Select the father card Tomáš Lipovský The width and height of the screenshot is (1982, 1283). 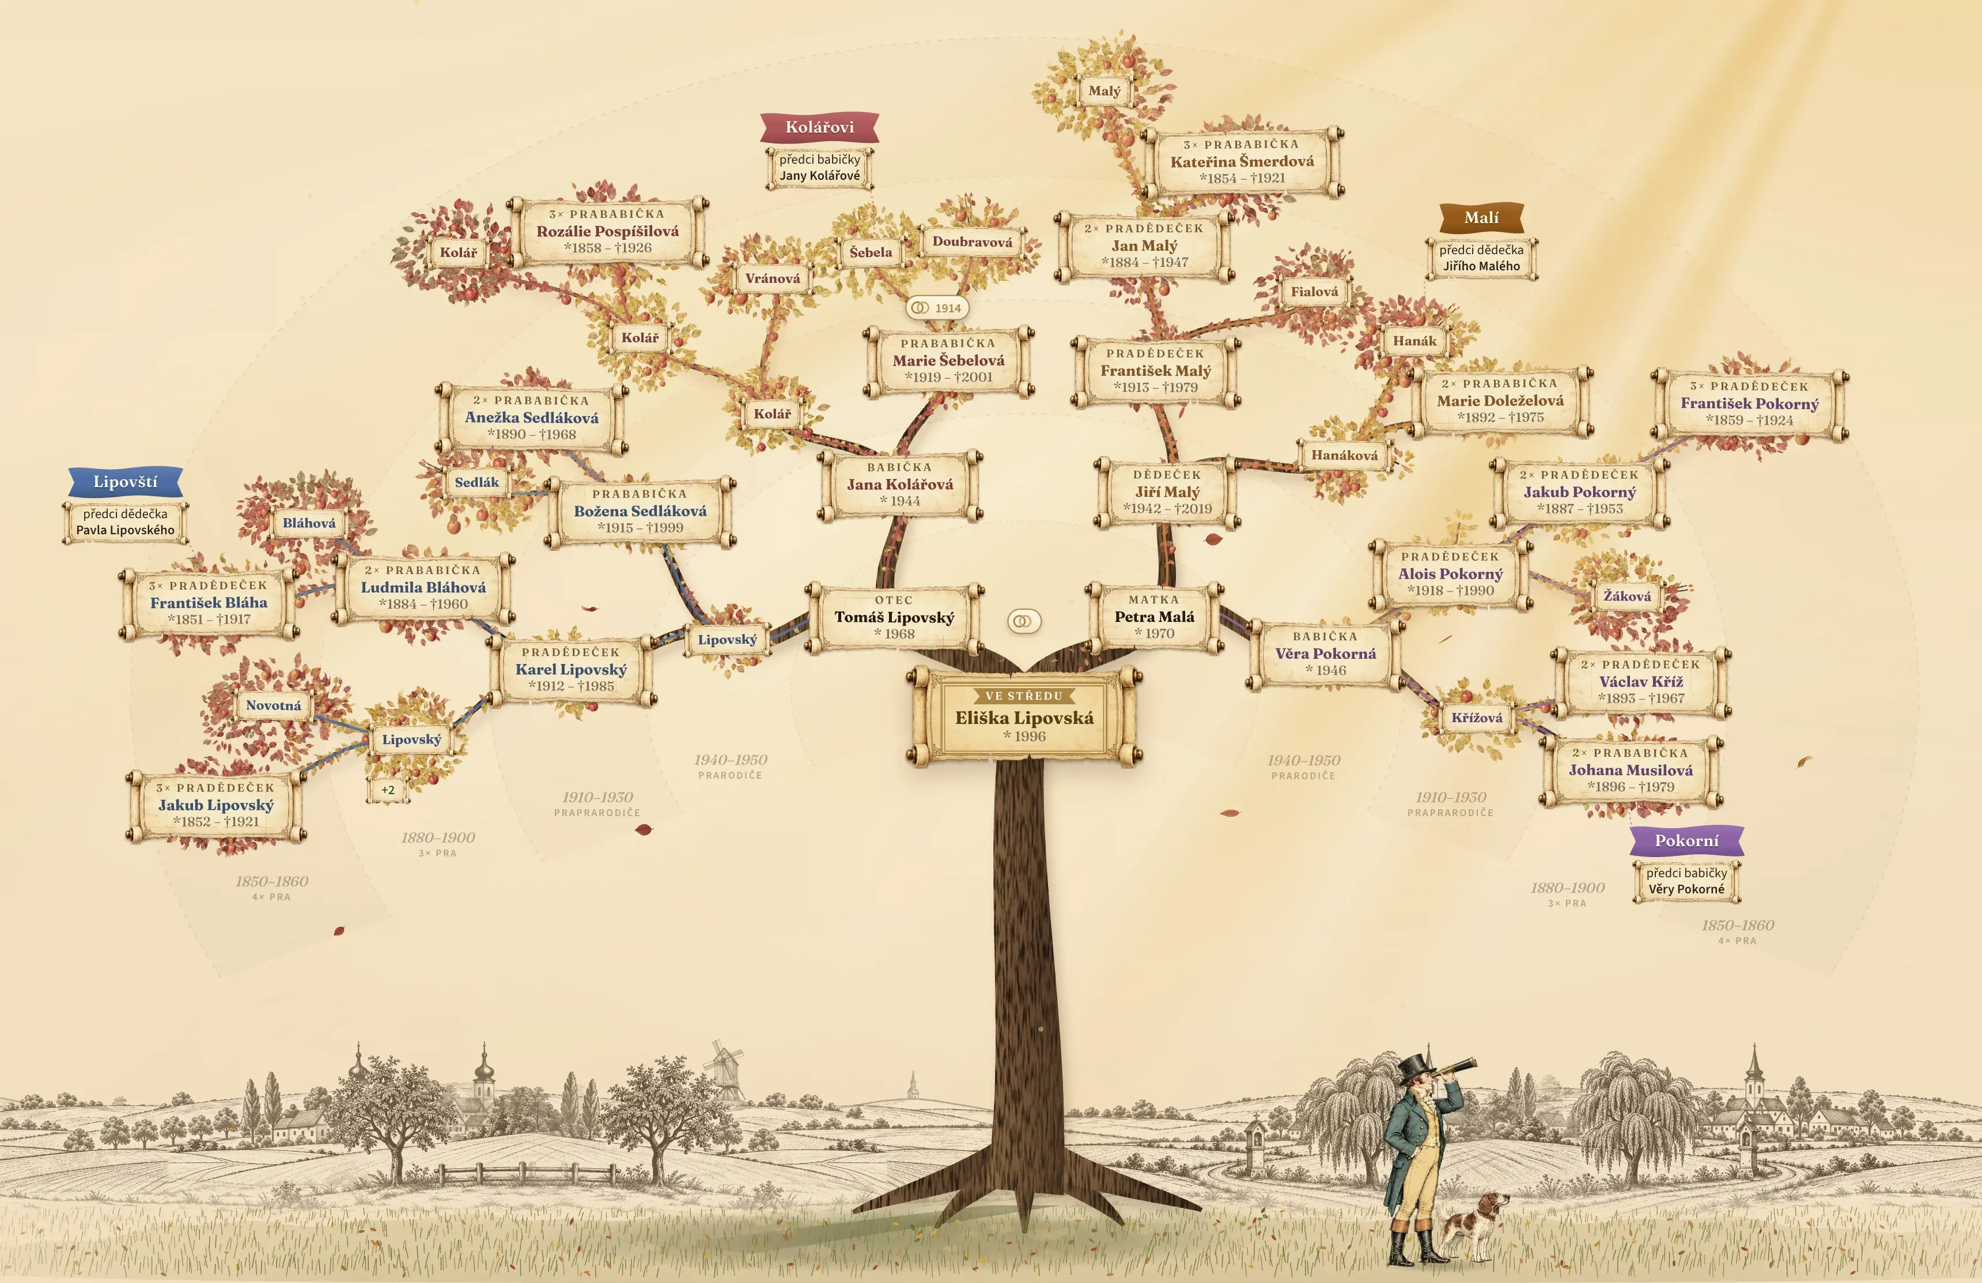[x=894, y=617]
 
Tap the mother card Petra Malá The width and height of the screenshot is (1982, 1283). [x=1154, y=617]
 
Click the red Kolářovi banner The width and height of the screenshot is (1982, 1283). [x=819, y=127]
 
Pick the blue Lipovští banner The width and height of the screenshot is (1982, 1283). [x=125, y=481]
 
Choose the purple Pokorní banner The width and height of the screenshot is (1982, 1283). [x=1686, y=840]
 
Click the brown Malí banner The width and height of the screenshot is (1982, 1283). [x=1481, y=217]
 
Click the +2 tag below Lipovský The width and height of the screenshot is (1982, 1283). [x=388, y=790]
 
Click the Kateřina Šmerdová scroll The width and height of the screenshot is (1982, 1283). [x=1243, y=161]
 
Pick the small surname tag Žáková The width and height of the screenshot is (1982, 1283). [x=1627, y=597]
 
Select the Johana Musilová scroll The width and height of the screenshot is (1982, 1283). [x=1631, y=771]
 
